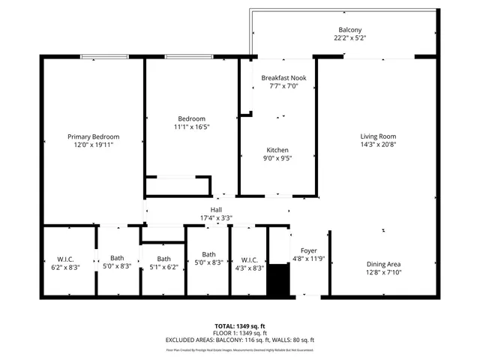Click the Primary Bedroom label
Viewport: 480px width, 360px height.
click(x=94, y=136)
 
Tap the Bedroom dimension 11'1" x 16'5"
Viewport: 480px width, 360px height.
click(x=191, y=127)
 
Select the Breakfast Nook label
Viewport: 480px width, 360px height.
click(x=283, y=78)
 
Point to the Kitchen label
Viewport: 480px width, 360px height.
click(x=277, y=150)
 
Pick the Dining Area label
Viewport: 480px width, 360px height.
click(x=383, y=264)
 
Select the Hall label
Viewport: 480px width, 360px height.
click(x=216, y=210)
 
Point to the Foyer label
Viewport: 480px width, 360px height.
click(x=309, y=250)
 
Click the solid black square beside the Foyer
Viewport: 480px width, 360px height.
click(x=278, y=279)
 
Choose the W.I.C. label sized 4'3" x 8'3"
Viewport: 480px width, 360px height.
click(x=247, y=259)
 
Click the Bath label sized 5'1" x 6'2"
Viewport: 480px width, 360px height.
click(x=164, y=259)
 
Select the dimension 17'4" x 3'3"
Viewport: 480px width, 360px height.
click(x=216, y=218)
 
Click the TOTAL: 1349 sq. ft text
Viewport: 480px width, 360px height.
click(x=240, y=326)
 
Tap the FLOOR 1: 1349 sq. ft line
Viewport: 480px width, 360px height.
click(x=240, y=333)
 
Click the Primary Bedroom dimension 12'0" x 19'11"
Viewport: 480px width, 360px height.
click(x=94, y=145)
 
